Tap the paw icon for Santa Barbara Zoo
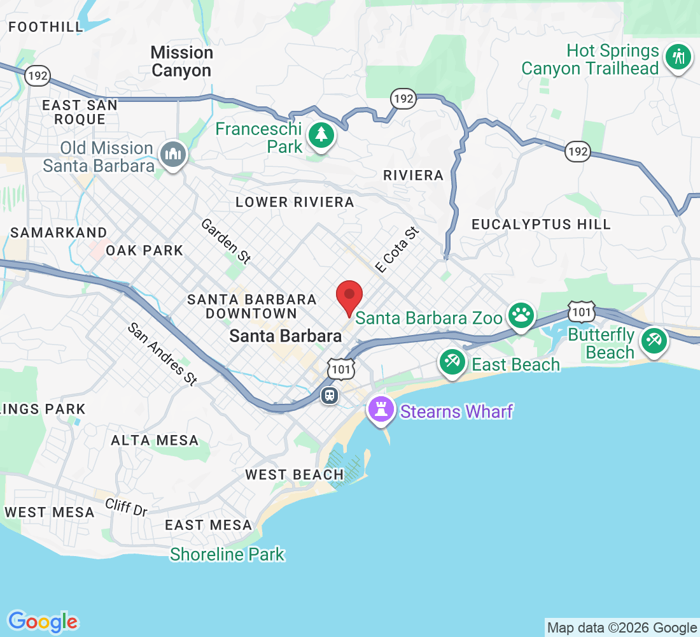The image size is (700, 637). (x=521, y=315)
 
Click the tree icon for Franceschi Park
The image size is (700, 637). (x=322, y=134)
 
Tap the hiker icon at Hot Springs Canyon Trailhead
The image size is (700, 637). (x=678, y=57)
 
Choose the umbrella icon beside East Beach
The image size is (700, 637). (x=452, y=362)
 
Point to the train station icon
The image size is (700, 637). (x=329, y=395)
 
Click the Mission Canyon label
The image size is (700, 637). (x=182, y=61)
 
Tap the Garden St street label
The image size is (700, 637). (x=226, y=241)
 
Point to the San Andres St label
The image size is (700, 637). (x=162, y=354)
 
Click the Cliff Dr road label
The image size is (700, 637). (x=127, y=507)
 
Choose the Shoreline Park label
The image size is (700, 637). (x=227, y=554)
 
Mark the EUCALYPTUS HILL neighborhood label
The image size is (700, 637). (x=541, y=224)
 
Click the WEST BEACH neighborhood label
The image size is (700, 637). (x=295, y=475)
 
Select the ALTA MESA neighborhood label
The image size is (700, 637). (x=155, y=440)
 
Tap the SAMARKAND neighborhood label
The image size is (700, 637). (x=59, y=233)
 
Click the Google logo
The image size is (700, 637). (x=43, y=621)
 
